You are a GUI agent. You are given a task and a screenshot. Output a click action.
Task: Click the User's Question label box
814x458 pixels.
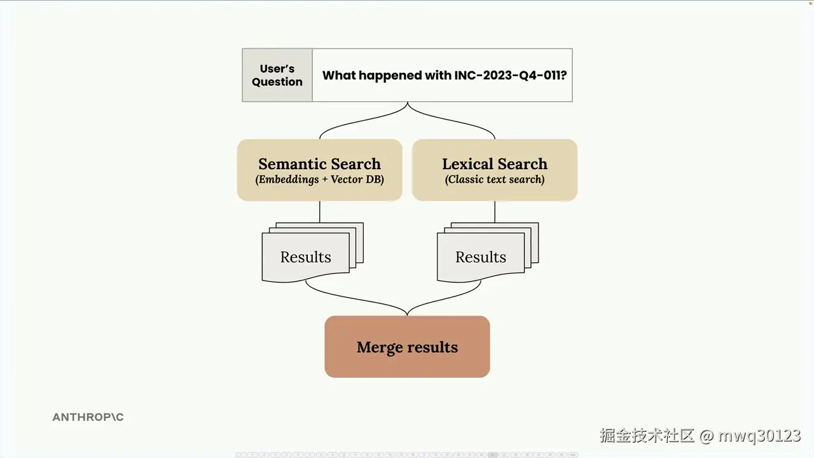(x=277, y=75)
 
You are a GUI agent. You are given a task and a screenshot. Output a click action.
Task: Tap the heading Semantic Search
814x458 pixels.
(x=319, y=163)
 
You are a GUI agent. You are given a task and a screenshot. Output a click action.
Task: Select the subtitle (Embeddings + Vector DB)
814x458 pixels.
(x=319, y=179)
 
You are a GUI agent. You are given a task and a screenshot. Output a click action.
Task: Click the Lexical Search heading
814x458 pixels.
(x=495, y=163)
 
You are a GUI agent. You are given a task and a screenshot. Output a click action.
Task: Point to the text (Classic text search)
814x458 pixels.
(x=495, y=179)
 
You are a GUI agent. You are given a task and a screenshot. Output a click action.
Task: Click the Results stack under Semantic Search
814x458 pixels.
(x=306, y=256)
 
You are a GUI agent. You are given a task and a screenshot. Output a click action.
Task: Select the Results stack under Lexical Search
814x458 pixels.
(x=481, y=256)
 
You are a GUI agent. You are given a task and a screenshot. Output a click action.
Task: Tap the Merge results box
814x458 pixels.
(x=407, y=347)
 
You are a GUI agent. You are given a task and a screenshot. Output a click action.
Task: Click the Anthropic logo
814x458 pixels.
(x=88, y=417)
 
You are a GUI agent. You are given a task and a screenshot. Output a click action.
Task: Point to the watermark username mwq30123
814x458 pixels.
(x=759, y=436)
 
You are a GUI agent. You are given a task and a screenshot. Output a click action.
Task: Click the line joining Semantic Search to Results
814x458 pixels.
(x=319, y=212)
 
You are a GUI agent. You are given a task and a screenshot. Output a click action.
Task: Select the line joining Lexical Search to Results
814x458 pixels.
(x=495, y=212)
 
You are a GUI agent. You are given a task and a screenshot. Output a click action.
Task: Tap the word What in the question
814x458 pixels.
(x=336, y=75)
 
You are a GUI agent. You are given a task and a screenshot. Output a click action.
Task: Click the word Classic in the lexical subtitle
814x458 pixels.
(x=468, y=179)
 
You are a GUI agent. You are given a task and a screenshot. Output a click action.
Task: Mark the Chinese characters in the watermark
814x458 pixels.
(x=647, y=436)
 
